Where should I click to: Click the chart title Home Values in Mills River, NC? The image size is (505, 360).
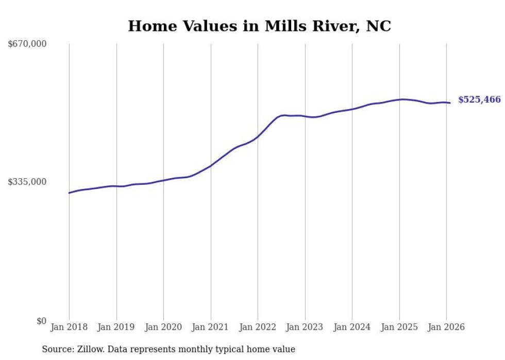[259, 26]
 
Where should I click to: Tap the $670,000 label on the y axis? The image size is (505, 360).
[27, 44]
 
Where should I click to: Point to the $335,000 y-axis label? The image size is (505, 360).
[27, 182]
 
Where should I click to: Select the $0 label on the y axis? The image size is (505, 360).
[41, 321]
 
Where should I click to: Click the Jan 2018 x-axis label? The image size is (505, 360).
[69, 327]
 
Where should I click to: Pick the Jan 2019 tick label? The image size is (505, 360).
[116, 327]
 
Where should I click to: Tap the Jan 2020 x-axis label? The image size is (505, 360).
[163, 327]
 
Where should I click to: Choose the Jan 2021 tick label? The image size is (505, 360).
[210, 327]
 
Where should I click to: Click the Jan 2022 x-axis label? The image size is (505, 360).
[258, 327]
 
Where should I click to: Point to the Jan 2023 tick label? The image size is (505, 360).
[305, 327]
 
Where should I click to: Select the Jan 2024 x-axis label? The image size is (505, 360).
[352, 327]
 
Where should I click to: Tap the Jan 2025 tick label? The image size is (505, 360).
[399, 327]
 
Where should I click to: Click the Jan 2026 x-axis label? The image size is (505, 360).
[446, 327]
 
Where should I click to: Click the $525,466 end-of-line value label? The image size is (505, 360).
[479, 100]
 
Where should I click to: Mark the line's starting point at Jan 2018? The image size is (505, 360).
[69, 193]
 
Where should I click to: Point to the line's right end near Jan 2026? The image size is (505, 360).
[450, 103]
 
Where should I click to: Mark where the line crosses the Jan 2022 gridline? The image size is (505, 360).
[258, 136]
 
